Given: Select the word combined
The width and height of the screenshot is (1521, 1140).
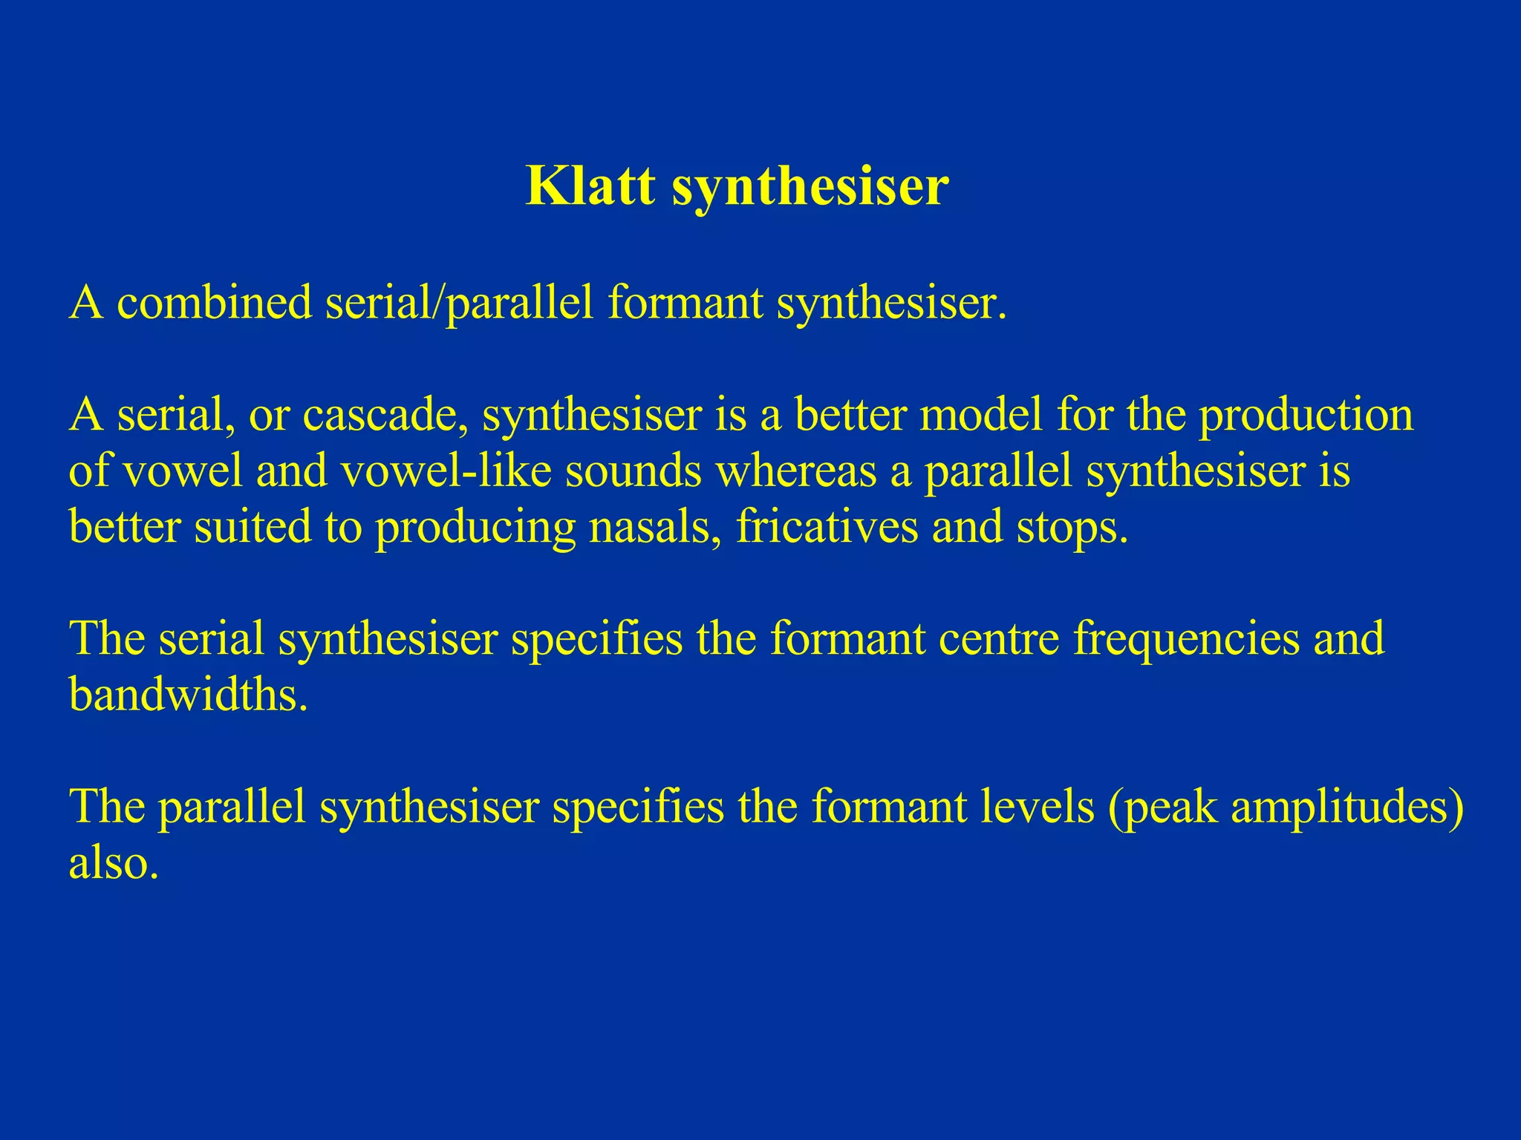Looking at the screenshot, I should [x=215, y=304].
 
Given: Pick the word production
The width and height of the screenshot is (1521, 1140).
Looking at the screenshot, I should [x=1306, y=415].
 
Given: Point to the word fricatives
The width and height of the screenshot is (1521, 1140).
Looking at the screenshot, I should [x=827, y=527].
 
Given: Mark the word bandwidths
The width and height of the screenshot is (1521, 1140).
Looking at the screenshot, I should [x=188, y=695].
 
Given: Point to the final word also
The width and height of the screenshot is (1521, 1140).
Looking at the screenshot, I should [x=114, y=863].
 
